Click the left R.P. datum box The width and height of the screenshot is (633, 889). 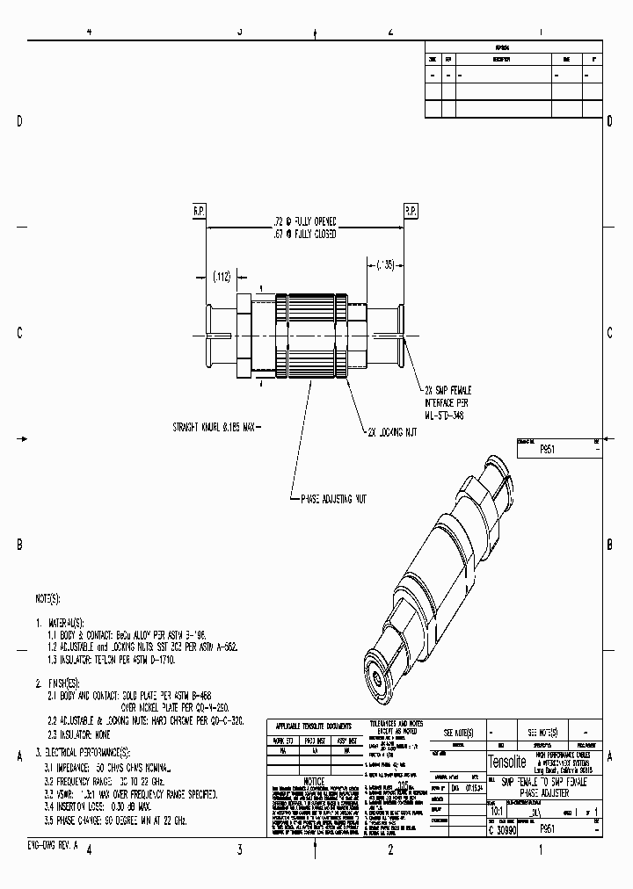click(x=199, y=211)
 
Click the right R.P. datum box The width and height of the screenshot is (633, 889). click(x=410, y=211)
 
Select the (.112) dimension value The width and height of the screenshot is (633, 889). click(x=221, y=277)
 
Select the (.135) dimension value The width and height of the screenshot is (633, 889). click(x=384, y=264)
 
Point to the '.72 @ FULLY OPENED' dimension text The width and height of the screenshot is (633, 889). click(x=303, y=223)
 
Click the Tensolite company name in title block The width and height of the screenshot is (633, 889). click(x=508, y=761)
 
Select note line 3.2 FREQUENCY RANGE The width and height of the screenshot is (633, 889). click(x=108, y=780)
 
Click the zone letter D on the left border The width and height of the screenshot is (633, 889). click(x=19, y=121)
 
